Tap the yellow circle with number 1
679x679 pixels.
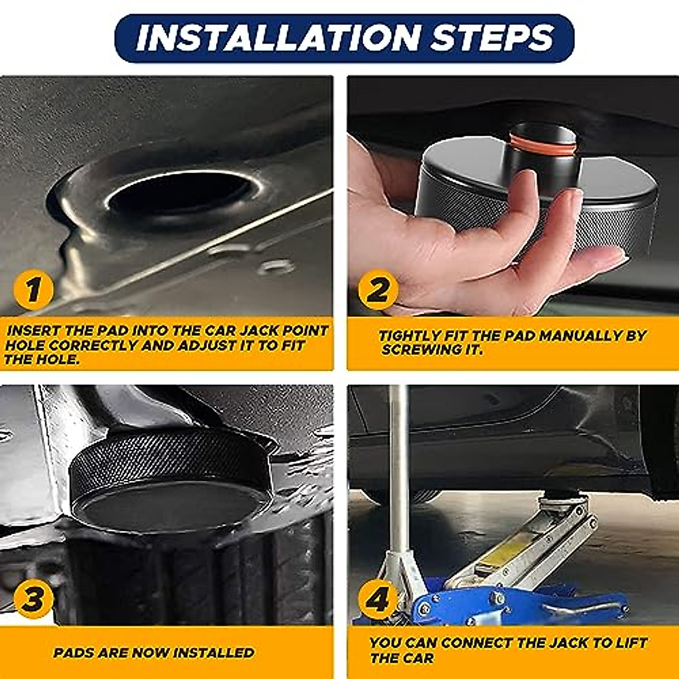33,290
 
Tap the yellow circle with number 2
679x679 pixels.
377,290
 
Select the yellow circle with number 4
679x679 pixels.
377,599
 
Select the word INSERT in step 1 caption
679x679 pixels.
32,330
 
